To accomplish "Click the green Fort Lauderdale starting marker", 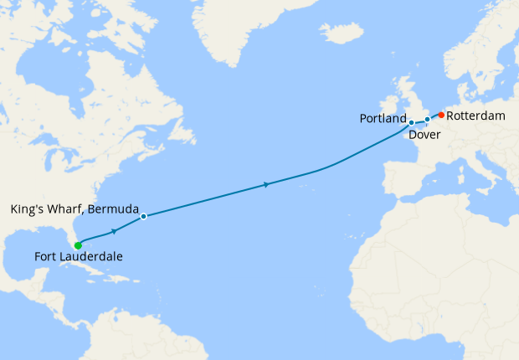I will [78, 245].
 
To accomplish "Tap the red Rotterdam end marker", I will [441, 115].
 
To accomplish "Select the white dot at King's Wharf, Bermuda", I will [144, 216].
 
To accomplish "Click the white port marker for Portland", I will [411, 123].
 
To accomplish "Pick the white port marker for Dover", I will [427, 120].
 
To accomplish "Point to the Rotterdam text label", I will [475, 116].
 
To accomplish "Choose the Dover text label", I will [425, 134].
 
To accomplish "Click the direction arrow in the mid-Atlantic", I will [266, 184].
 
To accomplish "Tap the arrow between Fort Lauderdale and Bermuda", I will [114, 230].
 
